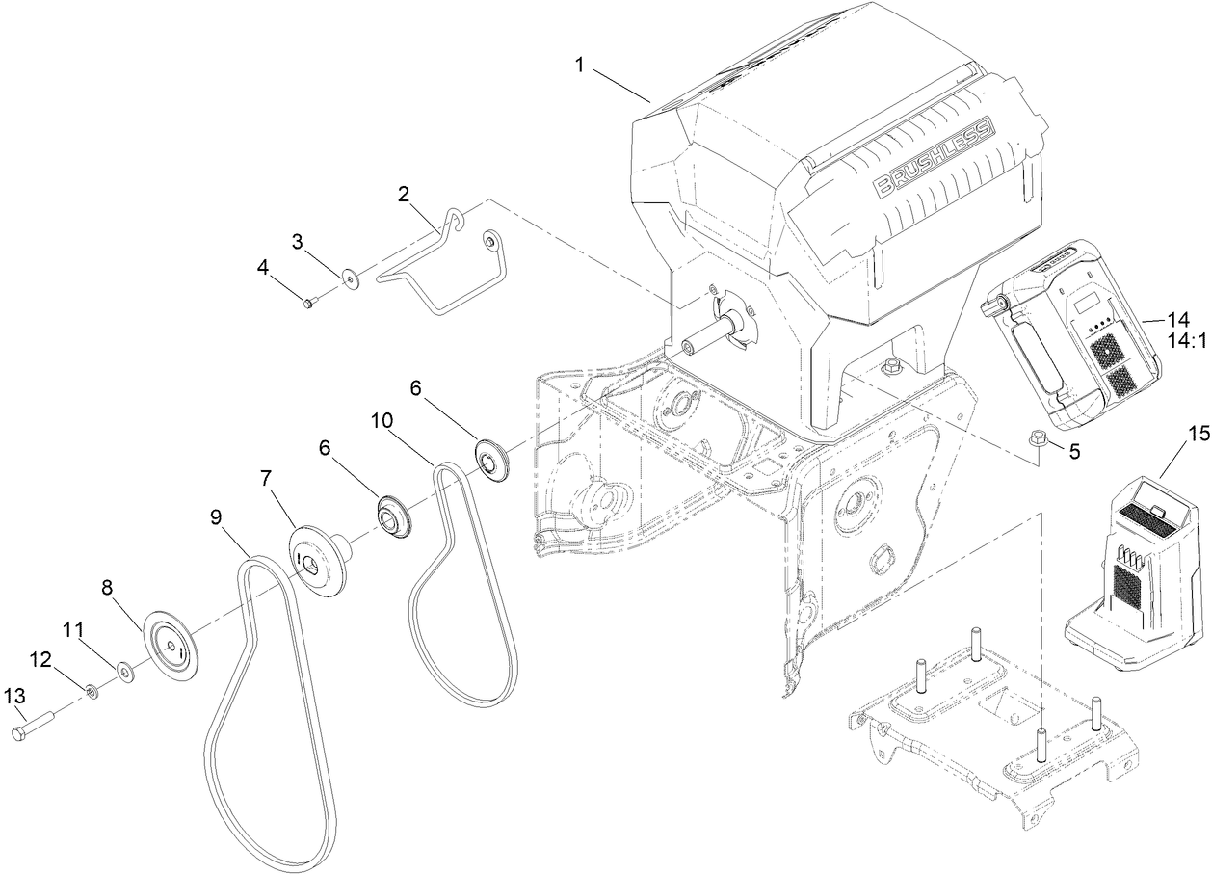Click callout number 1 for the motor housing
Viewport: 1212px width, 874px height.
(x=580, y=65)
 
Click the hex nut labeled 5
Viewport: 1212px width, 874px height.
(x=1039, y=437)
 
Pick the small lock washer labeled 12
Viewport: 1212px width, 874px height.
(x=91, y=690)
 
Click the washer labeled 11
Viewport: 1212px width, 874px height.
(x=125, y=669)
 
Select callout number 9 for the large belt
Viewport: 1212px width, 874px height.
(x=216, y=516)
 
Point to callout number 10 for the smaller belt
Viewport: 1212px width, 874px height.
(x=380, y=421)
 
